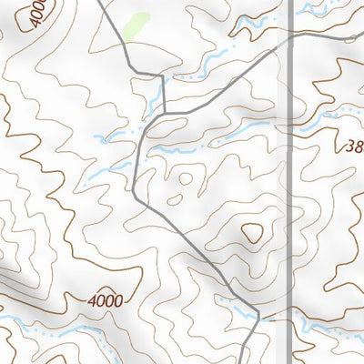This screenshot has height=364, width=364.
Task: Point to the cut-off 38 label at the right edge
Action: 354,145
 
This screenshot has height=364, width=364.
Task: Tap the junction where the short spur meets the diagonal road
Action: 165,114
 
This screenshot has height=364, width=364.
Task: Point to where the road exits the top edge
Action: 97,2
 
